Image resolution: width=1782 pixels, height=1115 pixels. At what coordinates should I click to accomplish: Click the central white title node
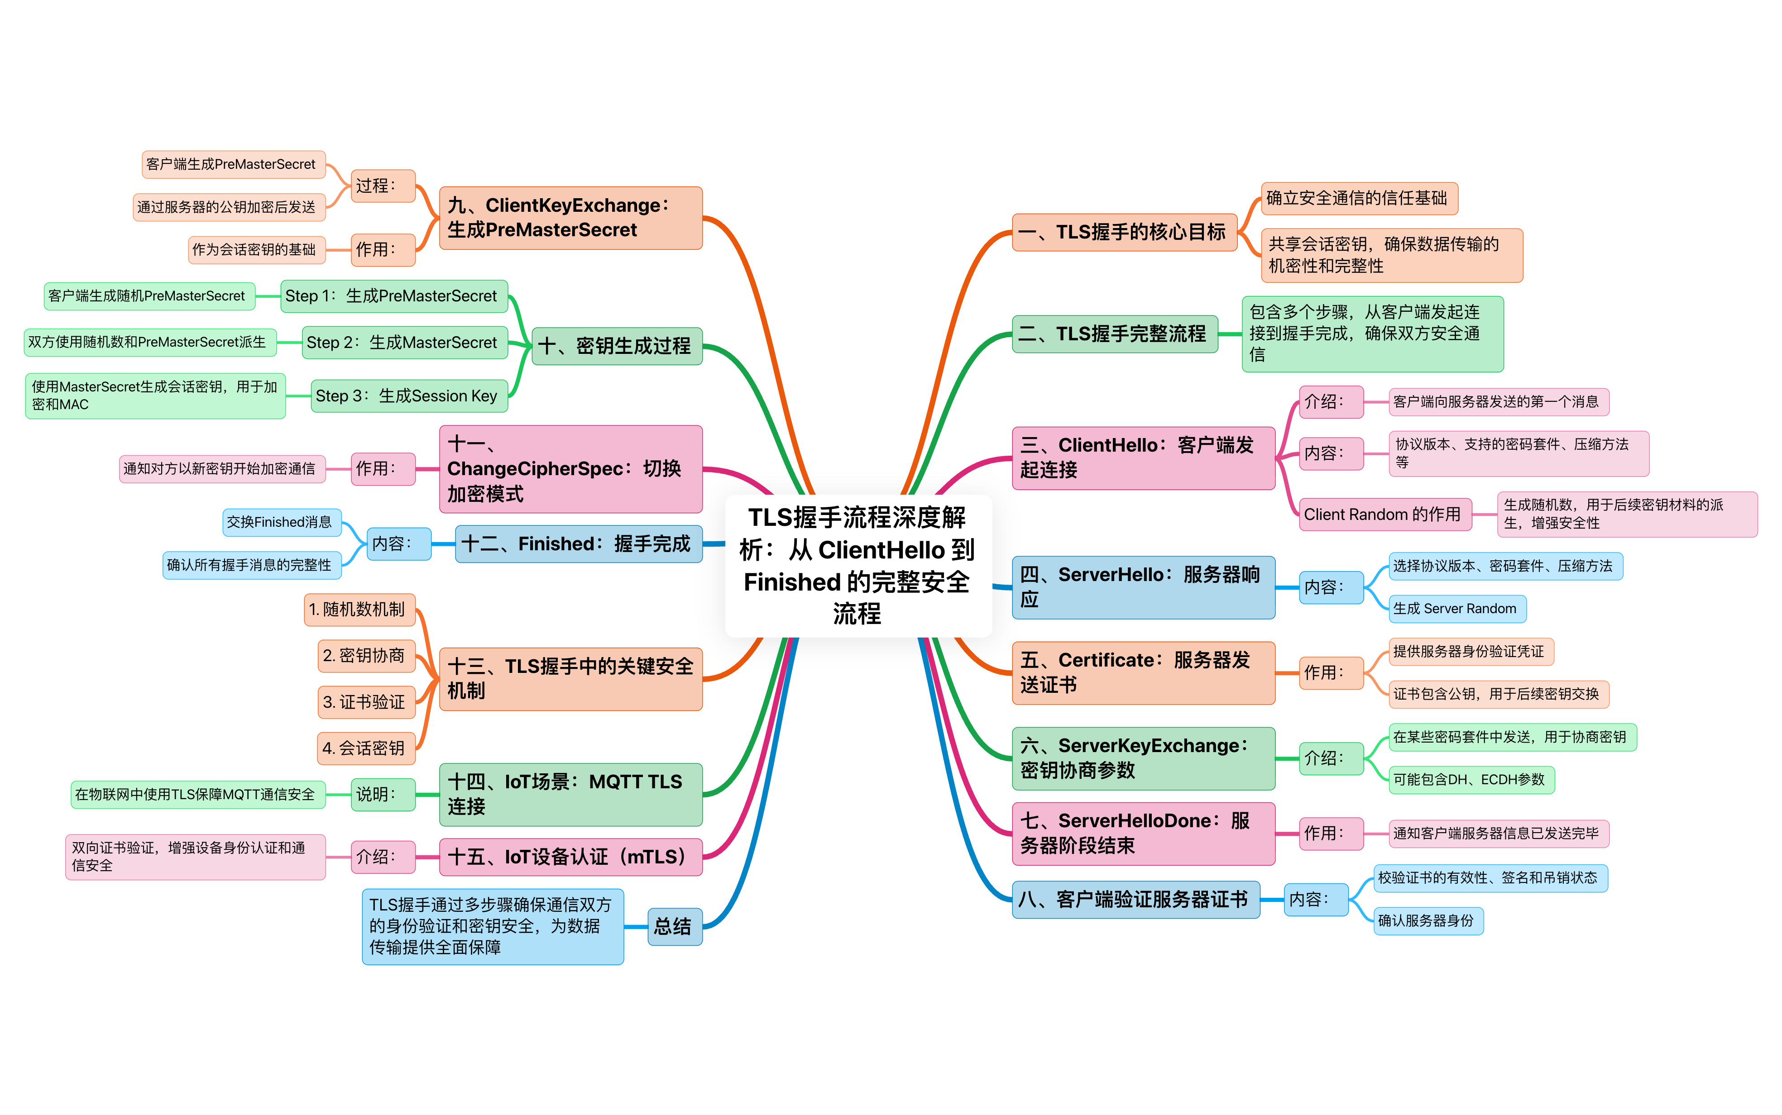[x=858, y=565]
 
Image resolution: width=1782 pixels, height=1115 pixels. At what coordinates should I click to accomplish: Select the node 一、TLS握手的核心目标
[x=1123, y=232]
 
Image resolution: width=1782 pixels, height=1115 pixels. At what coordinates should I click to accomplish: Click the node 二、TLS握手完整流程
[x=1114, y=334]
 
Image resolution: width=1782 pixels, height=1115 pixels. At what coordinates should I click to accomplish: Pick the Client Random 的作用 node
[x=1384, y=514]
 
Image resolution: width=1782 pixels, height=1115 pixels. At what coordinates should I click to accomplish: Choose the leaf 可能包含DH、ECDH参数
[x=1470, y=780]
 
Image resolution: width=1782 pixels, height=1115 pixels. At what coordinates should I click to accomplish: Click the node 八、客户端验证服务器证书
[x=1135, y=900]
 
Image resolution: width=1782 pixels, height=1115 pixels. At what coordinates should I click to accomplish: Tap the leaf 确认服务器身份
[x=1427, y=920]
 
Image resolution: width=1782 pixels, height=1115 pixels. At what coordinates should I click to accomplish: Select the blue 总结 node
[x=673, y=926]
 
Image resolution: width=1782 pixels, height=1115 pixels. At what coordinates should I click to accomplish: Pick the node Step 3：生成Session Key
[x=408, y=396]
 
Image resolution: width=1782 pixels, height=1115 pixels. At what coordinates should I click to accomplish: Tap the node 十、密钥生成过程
[x=616, y=346]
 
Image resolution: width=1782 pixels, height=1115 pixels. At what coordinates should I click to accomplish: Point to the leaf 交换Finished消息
[x=281, y=522]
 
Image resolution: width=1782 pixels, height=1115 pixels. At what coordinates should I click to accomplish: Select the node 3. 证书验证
[x=364, y=702]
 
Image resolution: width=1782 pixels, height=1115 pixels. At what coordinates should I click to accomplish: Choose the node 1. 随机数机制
[x=359, y=609]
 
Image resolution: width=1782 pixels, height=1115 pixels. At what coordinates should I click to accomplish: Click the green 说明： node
[x=381, y=794]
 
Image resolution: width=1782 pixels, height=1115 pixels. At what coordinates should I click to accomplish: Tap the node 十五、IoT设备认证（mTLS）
[x=570, y=857]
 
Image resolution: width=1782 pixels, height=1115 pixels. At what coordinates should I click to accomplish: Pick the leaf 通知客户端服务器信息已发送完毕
[x=1497, y=833]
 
